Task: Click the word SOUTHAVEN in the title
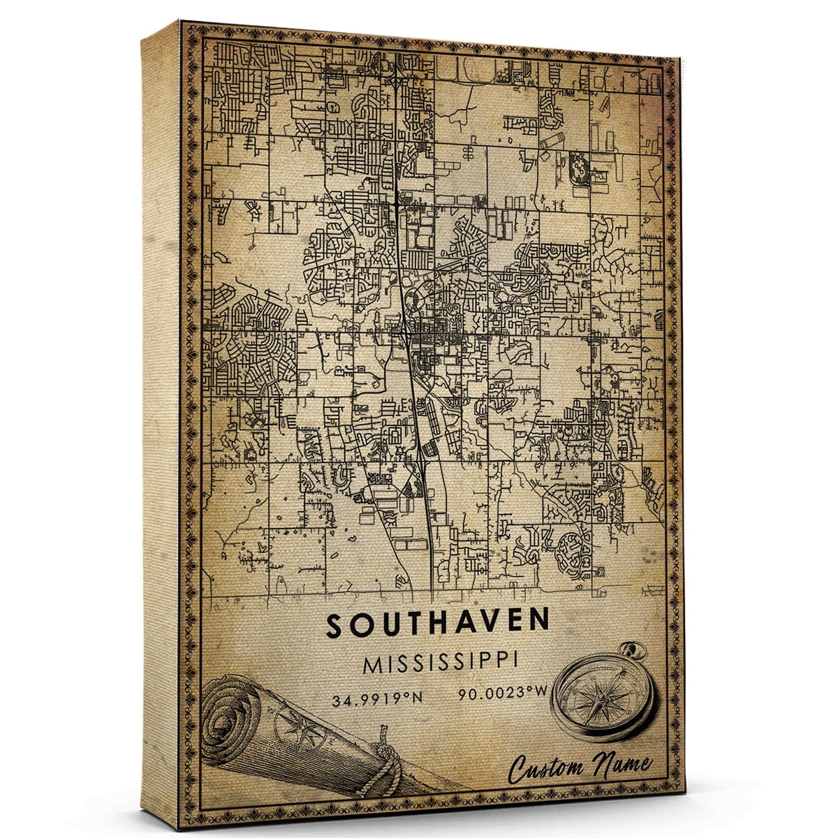438,625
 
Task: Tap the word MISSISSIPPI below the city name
440,663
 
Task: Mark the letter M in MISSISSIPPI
372,664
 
